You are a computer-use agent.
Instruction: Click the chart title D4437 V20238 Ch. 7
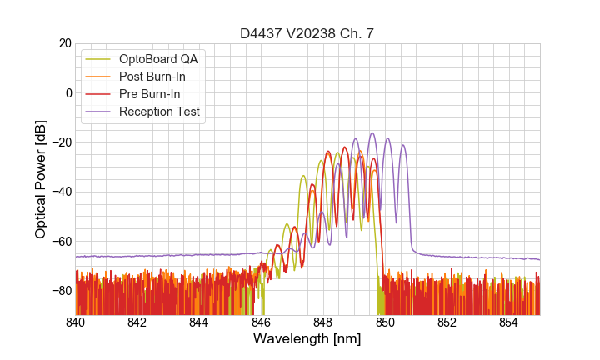[x=307, y=33]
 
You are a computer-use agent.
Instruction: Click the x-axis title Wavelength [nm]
[x=307, y=339]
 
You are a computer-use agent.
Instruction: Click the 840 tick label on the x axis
[x=76, y=322]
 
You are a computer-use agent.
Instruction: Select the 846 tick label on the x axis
[x=261, y=322]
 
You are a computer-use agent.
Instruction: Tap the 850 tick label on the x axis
[x=385, y=322]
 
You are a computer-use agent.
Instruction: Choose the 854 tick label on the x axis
[x=508, y=322]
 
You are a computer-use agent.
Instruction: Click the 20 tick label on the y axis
[x=63, y=43]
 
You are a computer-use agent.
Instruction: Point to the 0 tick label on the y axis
[x=67, y=92]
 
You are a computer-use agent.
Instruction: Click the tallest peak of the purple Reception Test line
[x=372, y=133]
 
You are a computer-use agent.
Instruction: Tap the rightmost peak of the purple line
[x=403, y=146]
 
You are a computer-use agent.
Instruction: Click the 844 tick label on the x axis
[x=199, y=322]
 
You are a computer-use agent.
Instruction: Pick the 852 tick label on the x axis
[x=447, y=322]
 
